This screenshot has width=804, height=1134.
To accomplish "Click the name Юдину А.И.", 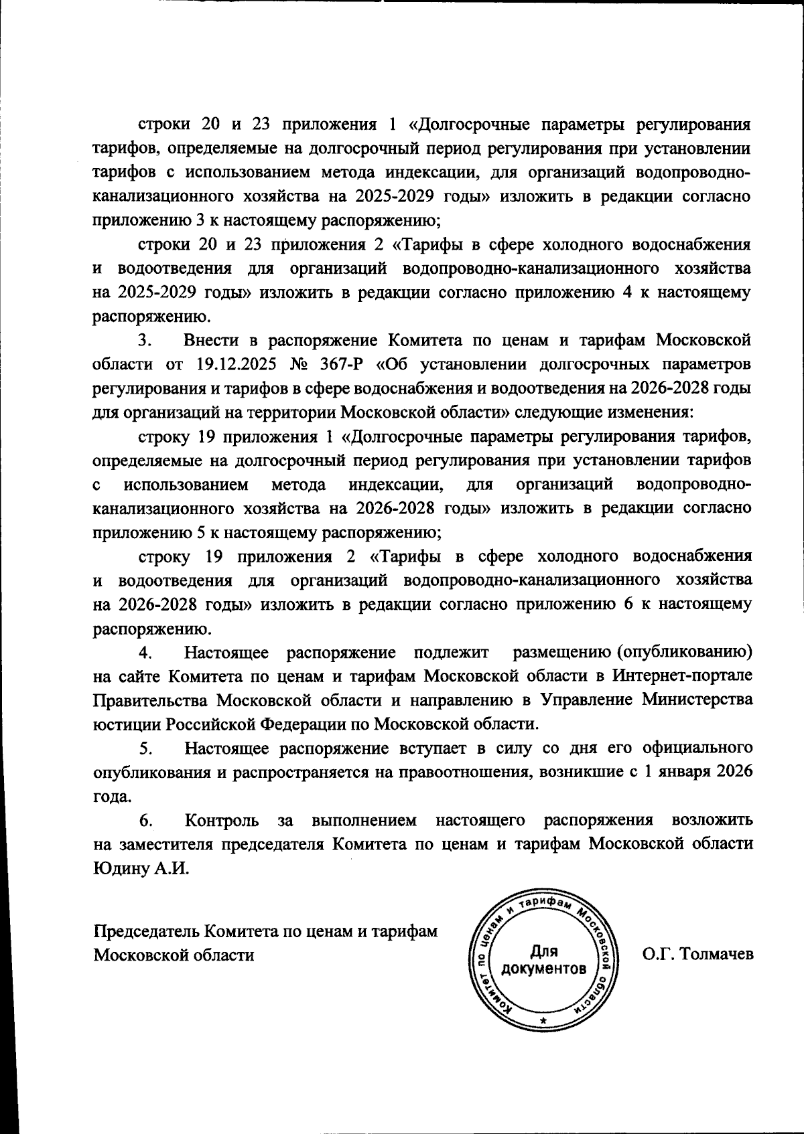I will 141,868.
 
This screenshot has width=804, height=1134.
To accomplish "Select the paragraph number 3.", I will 147,340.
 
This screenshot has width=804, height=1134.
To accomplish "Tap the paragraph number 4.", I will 147,652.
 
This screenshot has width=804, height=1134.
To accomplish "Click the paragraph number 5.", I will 147,748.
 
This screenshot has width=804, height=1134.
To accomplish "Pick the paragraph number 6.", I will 147,820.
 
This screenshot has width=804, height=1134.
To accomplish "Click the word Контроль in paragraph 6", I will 221,820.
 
